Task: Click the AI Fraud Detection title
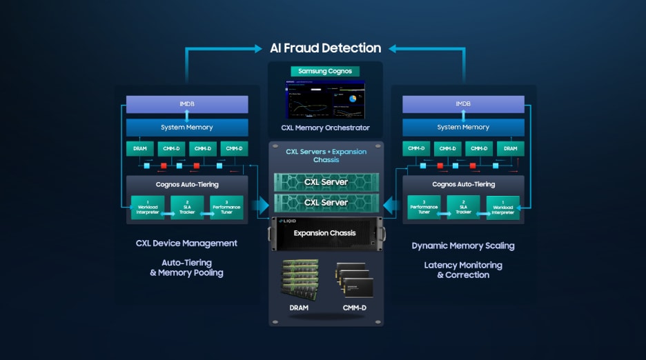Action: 325,48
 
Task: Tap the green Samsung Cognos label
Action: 325,71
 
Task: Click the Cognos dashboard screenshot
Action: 325,99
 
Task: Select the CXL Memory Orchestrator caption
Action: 325,128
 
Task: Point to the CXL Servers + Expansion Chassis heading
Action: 326,155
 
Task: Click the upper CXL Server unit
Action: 326,182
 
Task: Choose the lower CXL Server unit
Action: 326,203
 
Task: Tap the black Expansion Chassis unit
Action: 326,234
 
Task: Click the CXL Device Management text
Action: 186,243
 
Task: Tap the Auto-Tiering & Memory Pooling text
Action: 186,268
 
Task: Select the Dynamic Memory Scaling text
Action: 463,246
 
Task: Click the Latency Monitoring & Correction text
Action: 463,270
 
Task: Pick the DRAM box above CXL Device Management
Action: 140,148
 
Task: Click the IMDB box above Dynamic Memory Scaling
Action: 463,104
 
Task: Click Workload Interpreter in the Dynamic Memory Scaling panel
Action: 503,208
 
